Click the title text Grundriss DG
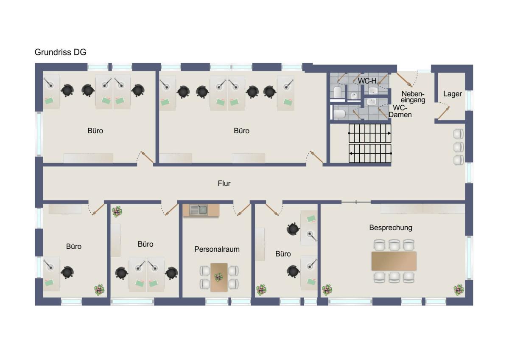[x=60, y=52]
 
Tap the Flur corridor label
[x=224, y=183]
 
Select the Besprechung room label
[x=391, y=228]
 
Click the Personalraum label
[x=217, y=249]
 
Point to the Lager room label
[x=453, y=94]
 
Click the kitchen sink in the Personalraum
[x=199, y=210]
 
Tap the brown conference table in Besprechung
[x=394, y=261]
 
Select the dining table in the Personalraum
[x=219, y=278]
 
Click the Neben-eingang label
[x=413, y=97]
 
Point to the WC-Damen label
[x=400, y=111]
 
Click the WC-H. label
[x=368, y=81]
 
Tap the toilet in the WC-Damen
[x=339, y=114]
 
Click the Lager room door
[x=444, y=112]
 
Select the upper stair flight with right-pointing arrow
[x=370, y=133]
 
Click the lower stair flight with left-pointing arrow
[x=370, y=153]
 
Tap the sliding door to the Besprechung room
[x=356, y=202]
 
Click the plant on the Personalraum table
[x=218, y=277]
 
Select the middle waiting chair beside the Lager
[x=459, y=147]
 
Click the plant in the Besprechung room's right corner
[x=459, y=290]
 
